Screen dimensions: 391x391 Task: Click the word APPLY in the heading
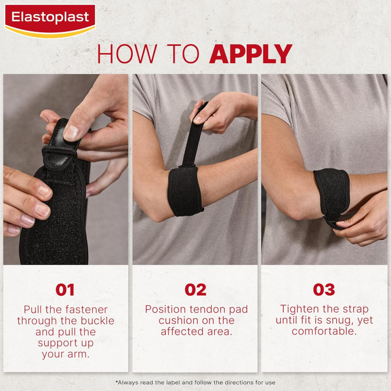[x=250, y=54]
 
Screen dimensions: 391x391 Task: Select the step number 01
[x=65, y=289]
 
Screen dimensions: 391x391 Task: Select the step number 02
[x=195, y=289]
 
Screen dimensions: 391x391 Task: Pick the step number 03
[x=324, y=289]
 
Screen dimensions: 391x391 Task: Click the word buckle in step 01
[x=97, y=321]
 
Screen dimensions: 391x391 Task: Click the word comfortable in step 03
[x=324, y=331]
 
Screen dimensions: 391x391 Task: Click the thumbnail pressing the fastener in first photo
[x=71, y=133]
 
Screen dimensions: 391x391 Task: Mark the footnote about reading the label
[x=195, y=382]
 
